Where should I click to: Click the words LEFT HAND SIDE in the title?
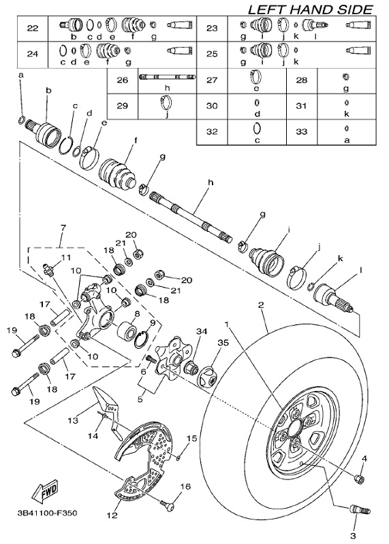pos(310,9)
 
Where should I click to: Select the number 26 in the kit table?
pos(123,80)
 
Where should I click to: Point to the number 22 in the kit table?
pos(31,28)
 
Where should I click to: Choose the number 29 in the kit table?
pos(123,105)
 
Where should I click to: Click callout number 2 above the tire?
pos(260,307)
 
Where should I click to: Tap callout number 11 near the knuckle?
pos(66,257)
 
